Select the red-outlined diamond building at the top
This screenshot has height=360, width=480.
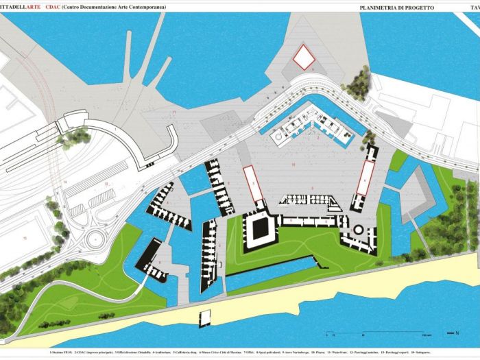click(x=304, y=58)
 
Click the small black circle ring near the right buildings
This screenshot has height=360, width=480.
click(x=357, y=229)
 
